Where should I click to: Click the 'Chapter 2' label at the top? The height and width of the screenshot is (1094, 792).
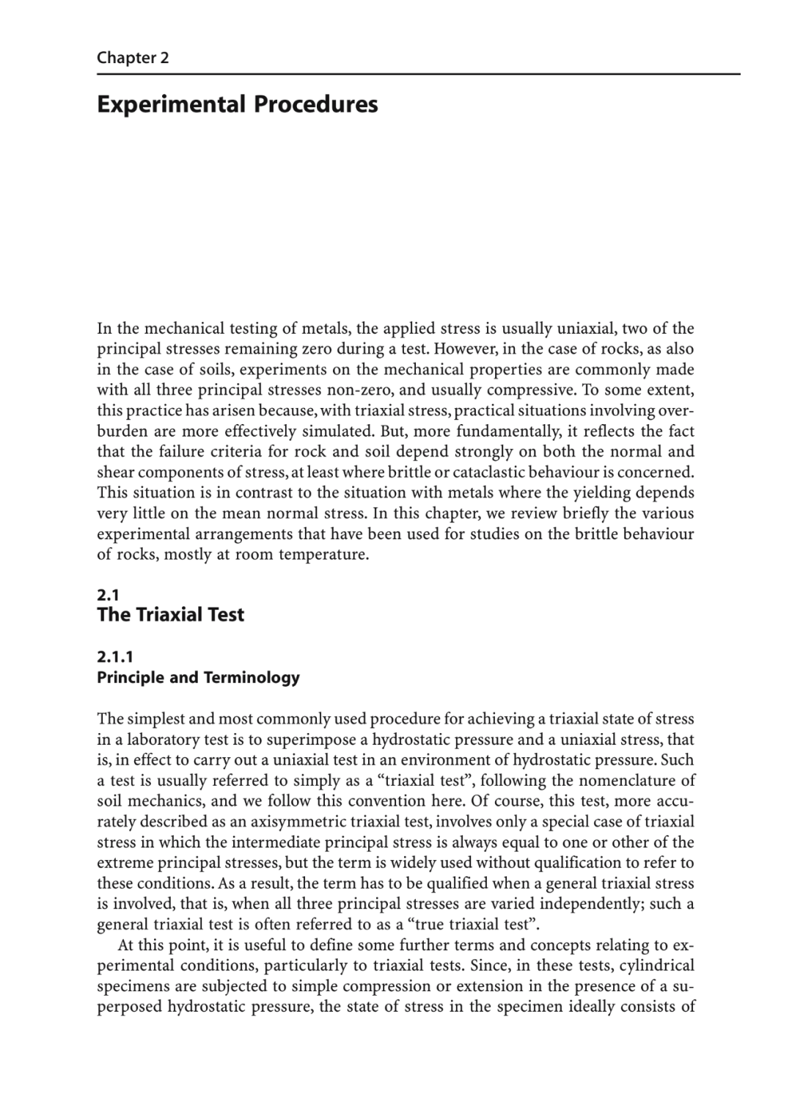133,58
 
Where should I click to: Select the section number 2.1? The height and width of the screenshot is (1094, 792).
108,595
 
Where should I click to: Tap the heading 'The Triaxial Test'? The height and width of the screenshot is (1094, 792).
170,615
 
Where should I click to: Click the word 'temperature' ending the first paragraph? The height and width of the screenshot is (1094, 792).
326,554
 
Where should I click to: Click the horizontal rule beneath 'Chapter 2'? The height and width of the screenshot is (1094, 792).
418,74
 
